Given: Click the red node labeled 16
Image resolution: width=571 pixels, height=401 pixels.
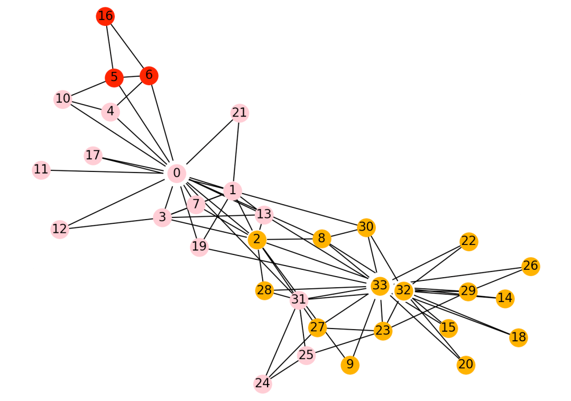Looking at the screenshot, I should [x=105, y=16].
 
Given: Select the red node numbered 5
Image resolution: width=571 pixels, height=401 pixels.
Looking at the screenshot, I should [x=114, y=78].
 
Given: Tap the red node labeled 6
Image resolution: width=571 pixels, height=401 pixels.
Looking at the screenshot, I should [x=149, y=75].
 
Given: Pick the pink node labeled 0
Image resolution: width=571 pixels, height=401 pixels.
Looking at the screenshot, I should [x=177, y=173].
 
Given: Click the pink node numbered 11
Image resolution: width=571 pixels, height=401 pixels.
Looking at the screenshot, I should [x=41, y=170].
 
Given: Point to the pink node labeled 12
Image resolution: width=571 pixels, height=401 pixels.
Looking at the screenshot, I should [x=60, y=229].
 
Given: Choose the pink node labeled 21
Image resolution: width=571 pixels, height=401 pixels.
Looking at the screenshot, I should [x=240, y=113].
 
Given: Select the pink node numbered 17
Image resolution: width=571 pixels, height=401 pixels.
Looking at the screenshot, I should [x=93, y=156].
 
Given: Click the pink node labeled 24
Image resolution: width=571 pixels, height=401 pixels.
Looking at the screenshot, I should [x=263, y=384].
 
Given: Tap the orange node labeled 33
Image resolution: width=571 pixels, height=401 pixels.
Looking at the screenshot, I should [x=380, y=286].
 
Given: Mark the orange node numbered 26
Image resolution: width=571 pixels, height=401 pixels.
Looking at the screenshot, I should [x=531, y=266].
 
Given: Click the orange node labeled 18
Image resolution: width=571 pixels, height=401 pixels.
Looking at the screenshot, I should [x=519, y=338].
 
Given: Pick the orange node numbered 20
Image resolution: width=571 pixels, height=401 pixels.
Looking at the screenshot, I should [x=466, y=365].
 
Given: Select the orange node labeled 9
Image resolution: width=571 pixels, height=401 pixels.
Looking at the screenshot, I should [x=350, y=365].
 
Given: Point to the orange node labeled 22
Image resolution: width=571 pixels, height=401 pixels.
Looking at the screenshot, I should [x=468, y=241].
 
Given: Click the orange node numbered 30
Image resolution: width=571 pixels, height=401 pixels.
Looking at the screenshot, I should [x=366, y=227].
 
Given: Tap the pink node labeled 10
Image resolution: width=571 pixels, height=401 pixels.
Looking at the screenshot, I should [x=63, y=98].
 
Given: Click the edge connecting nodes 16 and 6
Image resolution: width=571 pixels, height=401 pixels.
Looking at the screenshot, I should [x=127, y=46].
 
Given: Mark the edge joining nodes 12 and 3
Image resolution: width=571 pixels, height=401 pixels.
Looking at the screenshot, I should [x=111, y=223].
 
